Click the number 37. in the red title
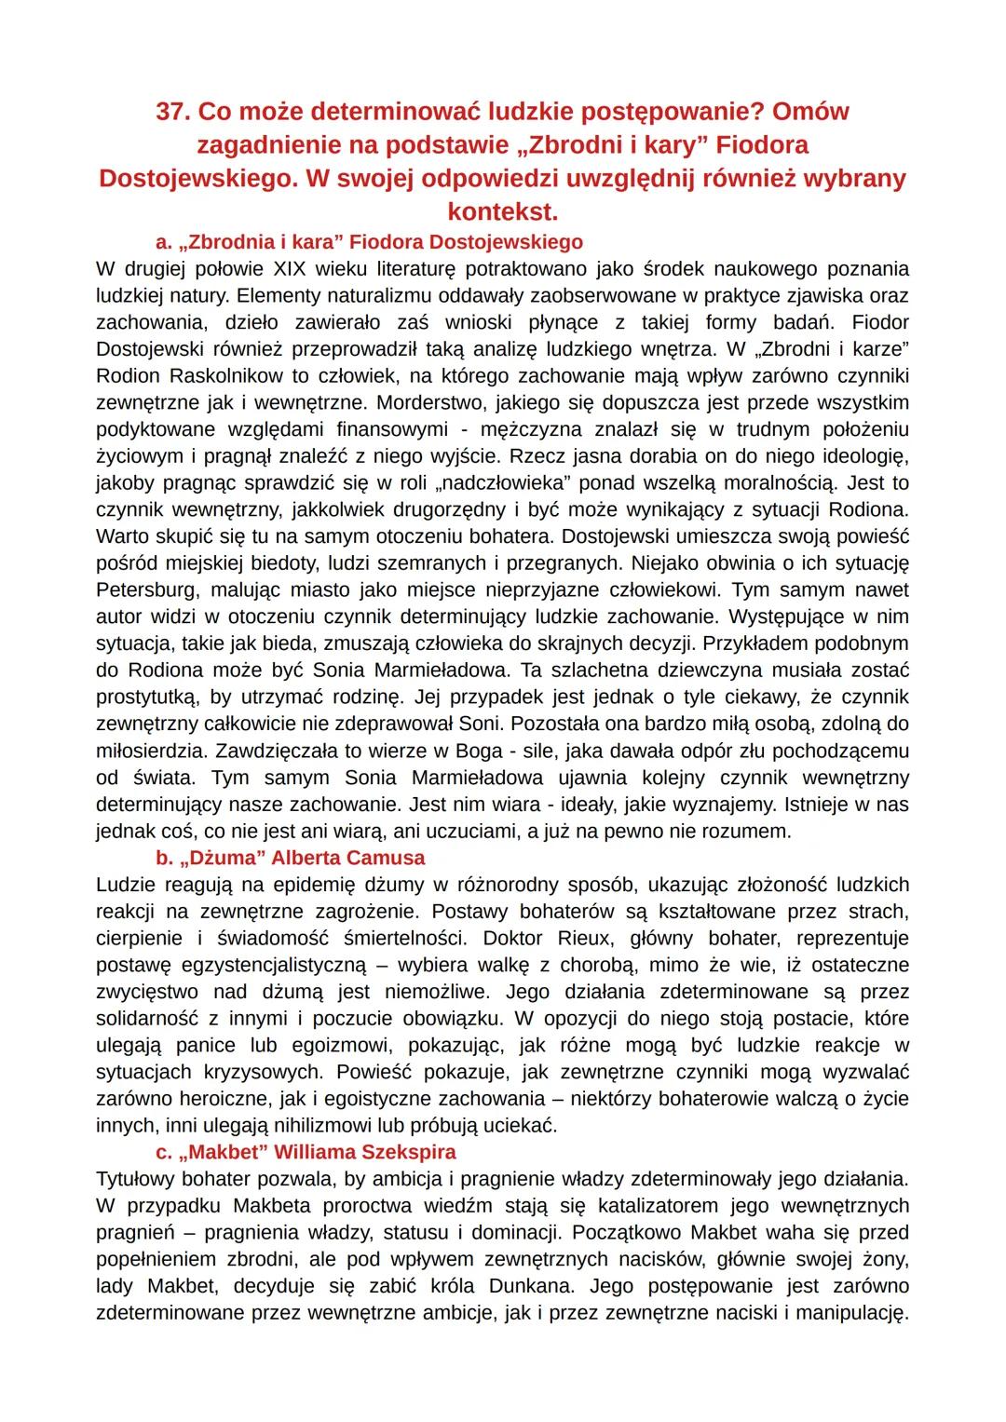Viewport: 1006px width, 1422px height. point(173,112)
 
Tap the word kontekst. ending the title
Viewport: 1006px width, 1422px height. point(502,211)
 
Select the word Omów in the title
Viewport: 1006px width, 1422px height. point(811,112)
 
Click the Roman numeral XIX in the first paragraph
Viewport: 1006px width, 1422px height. point(293,269)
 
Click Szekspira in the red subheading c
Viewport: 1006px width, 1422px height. point(407,1153)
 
